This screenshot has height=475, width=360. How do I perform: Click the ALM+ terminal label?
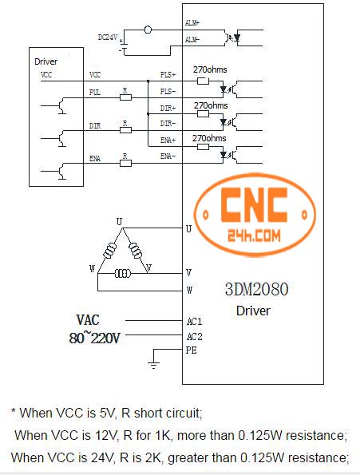192,24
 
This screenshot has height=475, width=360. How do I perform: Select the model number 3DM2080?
258,290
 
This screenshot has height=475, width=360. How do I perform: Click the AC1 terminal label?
194,321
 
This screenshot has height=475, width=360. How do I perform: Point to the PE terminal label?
192,350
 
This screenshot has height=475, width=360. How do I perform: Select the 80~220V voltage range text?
94,338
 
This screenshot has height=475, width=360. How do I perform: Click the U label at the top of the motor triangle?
120,221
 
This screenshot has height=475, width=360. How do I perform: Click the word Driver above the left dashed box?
46,61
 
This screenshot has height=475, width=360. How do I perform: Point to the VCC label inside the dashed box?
46,76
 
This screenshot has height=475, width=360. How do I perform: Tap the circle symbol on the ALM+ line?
148,30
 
